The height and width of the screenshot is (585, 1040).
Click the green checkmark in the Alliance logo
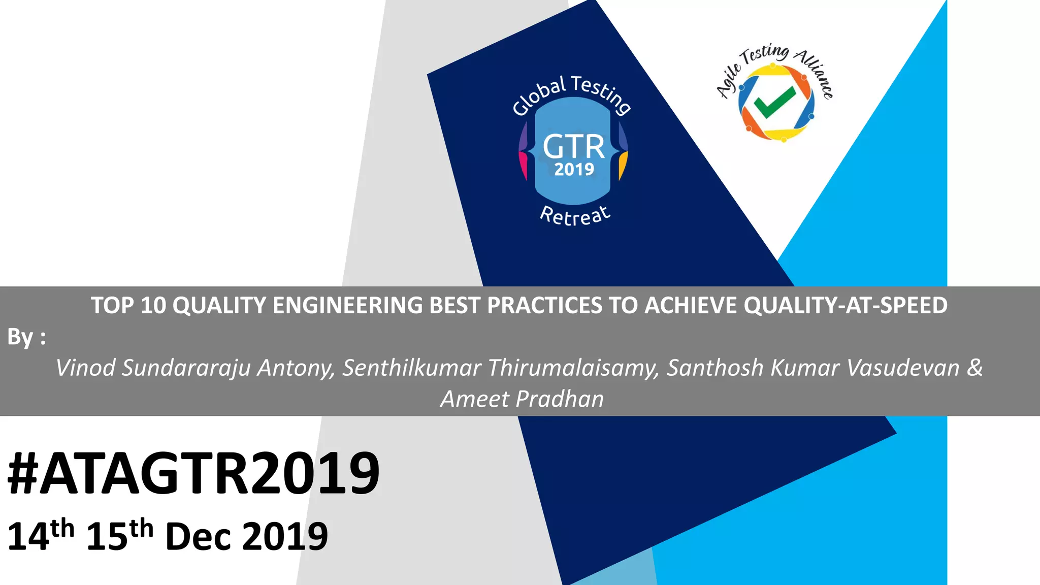pyautogui.click(x=774, y=102)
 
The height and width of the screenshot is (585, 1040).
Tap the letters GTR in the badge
pyautogui.click(x=574, y=147)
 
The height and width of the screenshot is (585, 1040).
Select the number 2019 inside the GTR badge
pyautogui.click(x=574, y=170)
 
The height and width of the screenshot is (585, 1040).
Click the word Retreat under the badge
pyautogui.click(x=575, y=216)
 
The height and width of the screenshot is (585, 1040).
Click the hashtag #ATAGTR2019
pyautogui.click(x=193, y=473)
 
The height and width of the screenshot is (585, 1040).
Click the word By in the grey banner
pyautogui.click(x=20, y=337)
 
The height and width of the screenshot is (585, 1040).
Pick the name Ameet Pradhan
pyautogui.click(x=522, y=399)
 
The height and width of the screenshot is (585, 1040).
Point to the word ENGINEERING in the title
pyautogui.click(x=347, y=306)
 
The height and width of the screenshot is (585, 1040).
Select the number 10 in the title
pyautogui.click(x=153, y=306)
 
